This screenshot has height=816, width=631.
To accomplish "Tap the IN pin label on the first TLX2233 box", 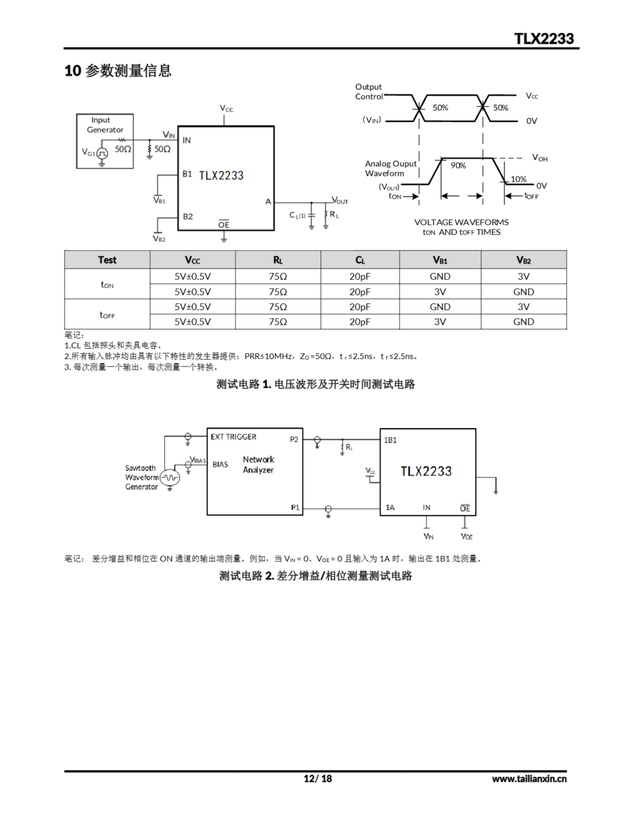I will [x=187, y=141].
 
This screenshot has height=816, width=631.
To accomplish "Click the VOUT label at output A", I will [x=340, y=200].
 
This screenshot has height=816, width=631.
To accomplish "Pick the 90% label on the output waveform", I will [x=458, y=165].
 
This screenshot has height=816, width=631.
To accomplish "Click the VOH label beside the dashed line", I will [x=540, y=158].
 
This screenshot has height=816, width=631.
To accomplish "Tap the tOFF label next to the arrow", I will [x=531, y=196].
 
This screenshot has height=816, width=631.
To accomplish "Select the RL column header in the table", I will [x=278, y=260].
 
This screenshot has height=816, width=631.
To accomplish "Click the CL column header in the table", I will [x=360, y=260].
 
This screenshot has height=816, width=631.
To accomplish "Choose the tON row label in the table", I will [x=107, y=284].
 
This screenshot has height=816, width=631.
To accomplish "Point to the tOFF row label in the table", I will [x=107, y=315].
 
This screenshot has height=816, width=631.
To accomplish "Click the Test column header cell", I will [x=107, y=260].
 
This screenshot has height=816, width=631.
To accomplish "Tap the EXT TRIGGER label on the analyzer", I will [x=234, y=437].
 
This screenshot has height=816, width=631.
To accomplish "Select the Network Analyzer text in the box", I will [x=258, y=464].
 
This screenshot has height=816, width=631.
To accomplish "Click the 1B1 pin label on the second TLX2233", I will [x=390, y=440].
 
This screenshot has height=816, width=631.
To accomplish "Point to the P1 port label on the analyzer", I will [x=295, y=507].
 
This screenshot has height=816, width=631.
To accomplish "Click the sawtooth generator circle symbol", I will [x=170, y=477].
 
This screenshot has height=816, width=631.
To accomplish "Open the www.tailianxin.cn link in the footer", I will [x=529, y=779].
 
